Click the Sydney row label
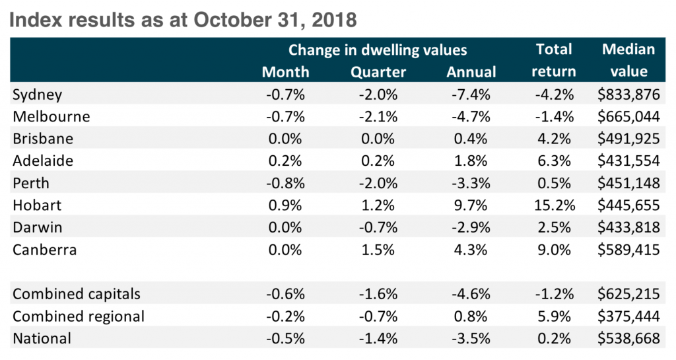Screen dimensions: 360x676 pos(37,94)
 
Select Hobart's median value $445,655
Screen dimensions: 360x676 pos(628,205)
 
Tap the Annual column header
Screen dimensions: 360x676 pos(471,72)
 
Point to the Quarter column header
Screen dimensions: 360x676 pos(378,72)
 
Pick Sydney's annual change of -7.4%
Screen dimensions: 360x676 pos(471,94)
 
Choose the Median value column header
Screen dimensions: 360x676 pos(628,60)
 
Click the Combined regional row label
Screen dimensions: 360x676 pos(79,316)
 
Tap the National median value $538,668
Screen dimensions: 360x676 pos(628,339)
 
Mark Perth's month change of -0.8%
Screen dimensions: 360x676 pos(285,183)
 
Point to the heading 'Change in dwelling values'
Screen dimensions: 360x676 pos(378,50)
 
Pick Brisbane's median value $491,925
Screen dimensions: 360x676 pos(628,139)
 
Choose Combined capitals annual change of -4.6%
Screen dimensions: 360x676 pos(471,294)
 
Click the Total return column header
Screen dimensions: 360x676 pos(554,60)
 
